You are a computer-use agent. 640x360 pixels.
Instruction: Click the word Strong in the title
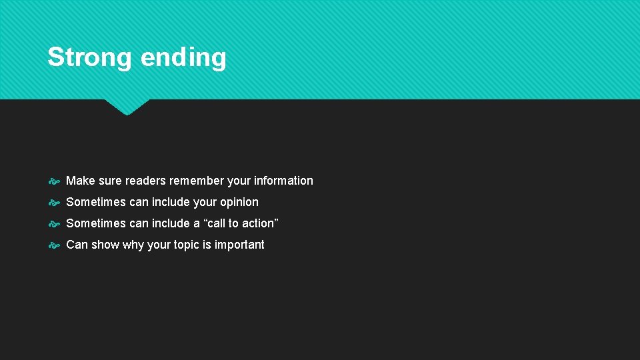[x=90, y=57]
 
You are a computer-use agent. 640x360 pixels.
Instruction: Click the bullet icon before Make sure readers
[x=55, y=181]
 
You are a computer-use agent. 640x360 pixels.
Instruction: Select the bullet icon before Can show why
[x=55, y=245]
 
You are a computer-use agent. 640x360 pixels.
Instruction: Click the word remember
[x=197, y=181]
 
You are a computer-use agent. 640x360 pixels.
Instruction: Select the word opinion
[x=237, y=202]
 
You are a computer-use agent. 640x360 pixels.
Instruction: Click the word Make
[x=81, y=181]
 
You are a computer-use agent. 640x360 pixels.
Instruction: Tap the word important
[x=239, y=245]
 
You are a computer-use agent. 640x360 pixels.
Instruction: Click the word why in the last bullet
[x=133, y=245]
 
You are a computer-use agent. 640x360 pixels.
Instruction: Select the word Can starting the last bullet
[x=77, y=245]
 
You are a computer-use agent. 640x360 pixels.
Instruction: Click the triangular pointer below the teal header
[x=127, y=106]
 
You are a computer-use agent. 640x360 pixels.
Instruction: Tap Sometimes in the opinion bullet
[x=96, y=202]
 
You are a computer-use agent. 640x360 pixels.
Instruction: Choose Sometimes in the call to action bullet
[x=96, y=223]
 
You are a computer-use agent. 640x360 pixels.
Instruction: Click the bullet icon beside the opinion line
[x=55, y=203]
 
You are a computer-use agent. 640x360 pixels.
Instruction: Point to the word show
[x=105, y=245]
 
